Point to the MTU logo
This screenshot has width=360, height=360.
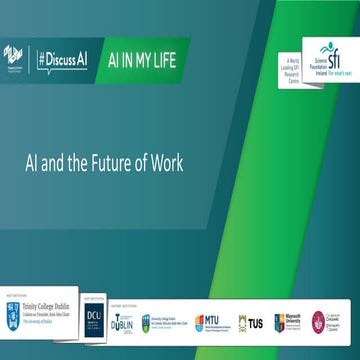(x=206, y=322)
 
